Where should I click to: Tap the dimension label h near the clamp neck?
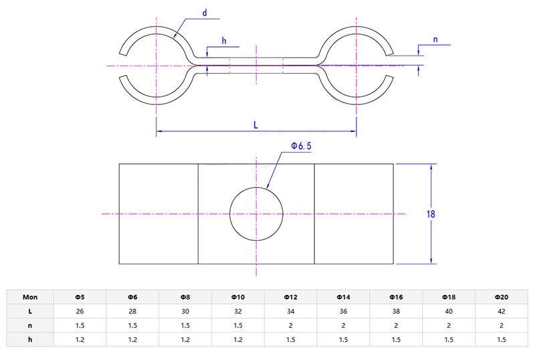point(223,41)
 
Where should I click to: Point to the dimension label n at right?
point(436,39)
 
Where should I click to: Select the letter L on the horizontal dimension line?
point(256,124)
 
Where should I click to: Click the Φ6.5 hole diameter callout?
point(301,146)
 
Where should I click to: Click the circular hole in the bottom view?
point(256,214)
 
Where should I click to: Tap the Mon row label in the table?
point(30,296)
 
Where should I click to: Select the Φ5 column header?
point(80,296)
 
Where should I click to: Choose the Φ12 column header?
point(291,296)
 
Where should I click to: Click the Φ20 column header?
point(502,296)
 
